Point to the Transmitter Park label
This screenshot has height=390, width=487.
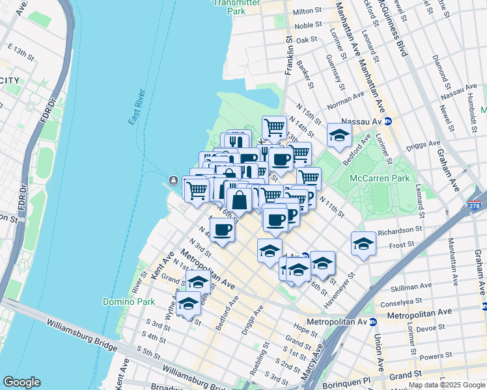click(238, 6)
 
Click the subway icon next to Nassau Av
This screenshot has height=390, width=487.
click(387, 122)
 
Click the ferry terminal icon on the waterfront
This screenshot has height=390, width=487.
click(174, 181)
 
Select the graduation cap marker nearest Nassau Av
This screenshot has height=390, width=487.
click(339, 135)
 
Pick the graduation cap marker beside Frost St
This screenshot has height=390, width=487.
click(363, 244)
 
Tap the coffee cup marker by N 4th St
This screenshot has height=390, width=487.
click(223, 229)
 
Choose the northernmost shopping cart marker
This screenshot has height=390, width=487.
click(275, 127)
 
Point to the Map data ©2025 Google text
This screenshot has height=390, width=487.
click(446, 385)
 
